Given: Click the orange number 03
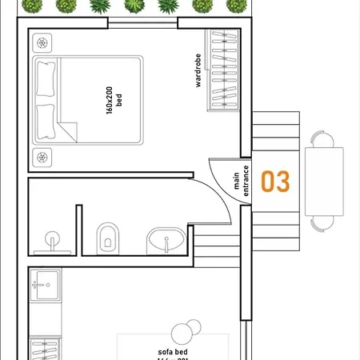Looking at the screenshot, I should click(275, 182).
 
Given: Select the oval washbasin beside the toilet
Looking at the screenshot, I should click(166, 240).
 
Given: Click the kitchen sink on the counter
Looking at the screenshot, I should click(45, 282).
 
